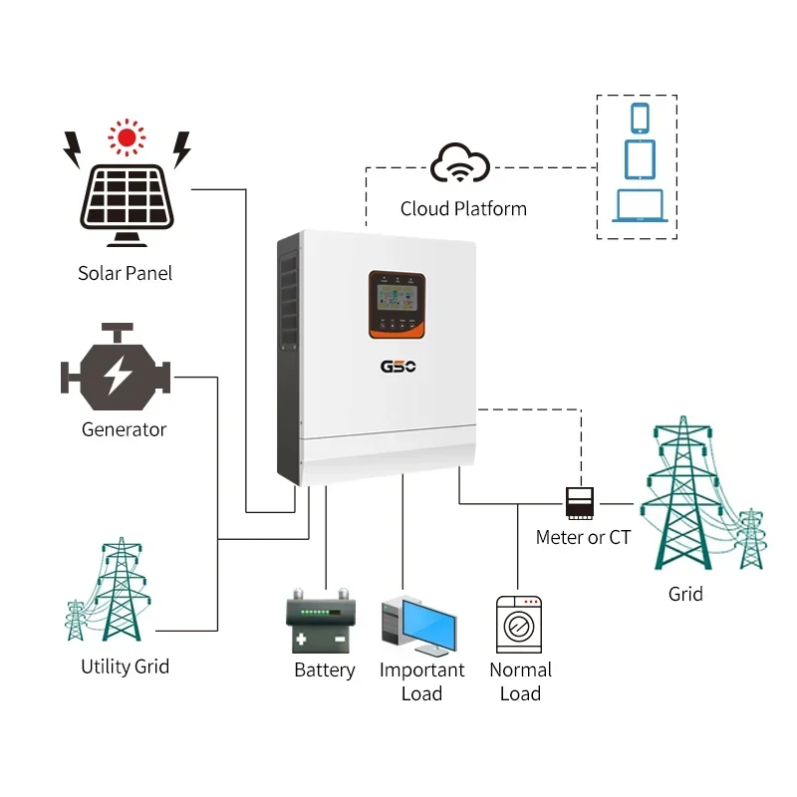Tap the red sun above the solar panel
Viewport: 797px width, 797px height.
[126, 137]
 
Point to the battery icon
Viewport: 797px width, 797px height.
[321, 623]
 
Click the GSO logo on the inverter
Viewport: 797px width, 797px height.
[398, 366]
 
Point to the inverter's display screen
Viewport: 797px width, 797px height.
[397, 295]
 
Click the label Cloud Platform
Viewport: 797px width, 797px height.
[463, 208]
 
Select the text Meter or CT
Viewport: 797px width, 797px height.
[583, 537]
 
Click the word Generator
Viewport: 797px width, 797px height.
[124, 429]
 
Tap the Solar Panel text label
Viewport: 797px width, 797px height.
[125, 273]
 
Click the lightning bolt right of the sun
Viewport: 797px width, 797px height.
[181, 150]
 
